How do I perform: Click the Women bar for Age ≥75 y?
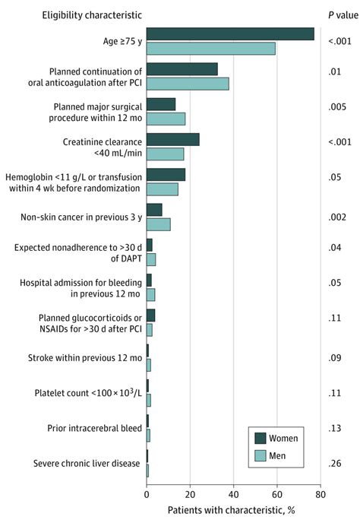230,33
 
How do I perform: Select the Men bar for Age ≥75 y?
210,49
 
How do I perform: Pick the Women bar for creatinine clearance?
173,139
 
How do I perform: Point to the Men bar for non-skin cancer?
158,224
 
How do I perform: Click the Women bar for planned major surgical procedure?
161,104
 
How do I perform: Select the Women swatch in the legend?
261,437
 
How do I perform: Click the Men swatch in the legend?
261,455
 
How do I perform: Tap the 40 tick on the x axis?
234,493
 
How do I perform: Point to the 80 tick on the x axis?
321,493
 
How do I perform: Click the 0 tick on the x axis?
147,493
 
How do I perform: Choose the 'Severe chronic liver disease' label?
87,464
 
